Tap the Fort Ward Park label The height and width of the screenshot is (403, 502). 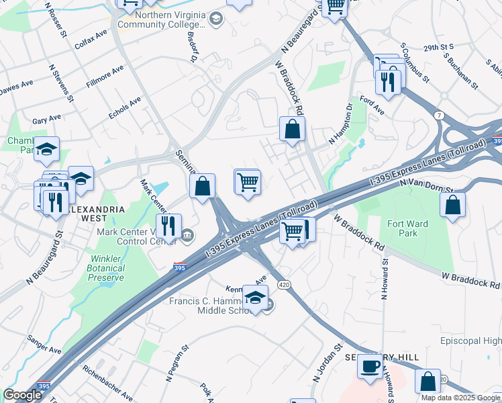[403, 228]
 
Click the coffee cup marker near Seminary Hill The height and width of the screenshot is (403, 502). [370, 366]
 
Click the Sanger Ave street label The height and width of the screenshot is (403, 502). [45, 349]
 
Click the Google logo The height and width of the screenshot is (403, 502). [22, 395]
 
